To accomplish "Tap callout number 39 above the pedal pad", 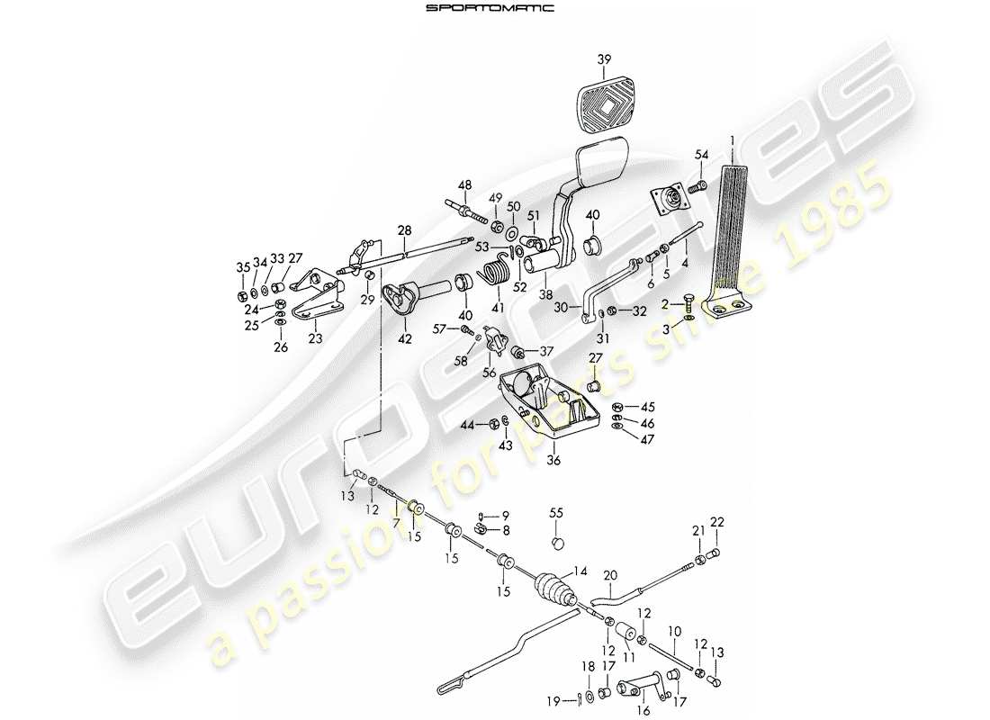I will coord(604,59).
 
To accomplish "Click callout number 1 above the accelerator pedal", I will coord(733,140).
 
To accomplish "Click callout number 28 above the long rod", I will coord(404,231).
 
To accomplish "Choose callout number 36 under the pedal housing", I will coord(553,459).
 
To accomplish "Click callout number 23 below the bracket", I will coord(315,340).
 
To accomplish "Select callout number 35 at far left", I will coord(241,267).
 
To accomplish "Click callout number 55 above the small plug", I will coord(557,512).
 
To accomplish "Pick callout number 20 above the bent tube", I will coord(610,576).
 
